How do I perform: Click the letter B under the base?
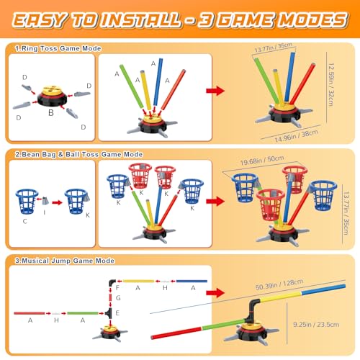51,112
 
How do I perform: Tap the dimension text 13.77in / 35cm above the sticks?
274,48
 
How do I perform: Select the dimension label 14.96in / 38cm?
297,136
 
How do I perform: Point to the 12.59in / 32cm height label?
331,85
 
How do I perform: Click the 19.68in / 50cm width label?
262,161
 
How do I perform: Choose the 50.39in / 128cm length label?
279,284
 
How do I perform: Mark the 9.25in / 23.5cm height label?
316,325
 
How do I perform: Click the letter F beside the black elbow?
117,287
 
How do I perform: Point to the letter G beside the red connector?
118,298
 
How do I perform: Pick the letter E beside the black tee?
117,313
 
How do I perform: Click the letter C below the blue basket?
24,221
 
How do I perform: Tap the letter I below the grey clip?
45,212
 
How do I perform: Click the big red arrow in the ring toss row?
215,91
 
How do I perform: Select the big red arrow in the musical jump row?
215,292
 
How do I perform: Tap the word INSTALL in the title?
141,19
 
